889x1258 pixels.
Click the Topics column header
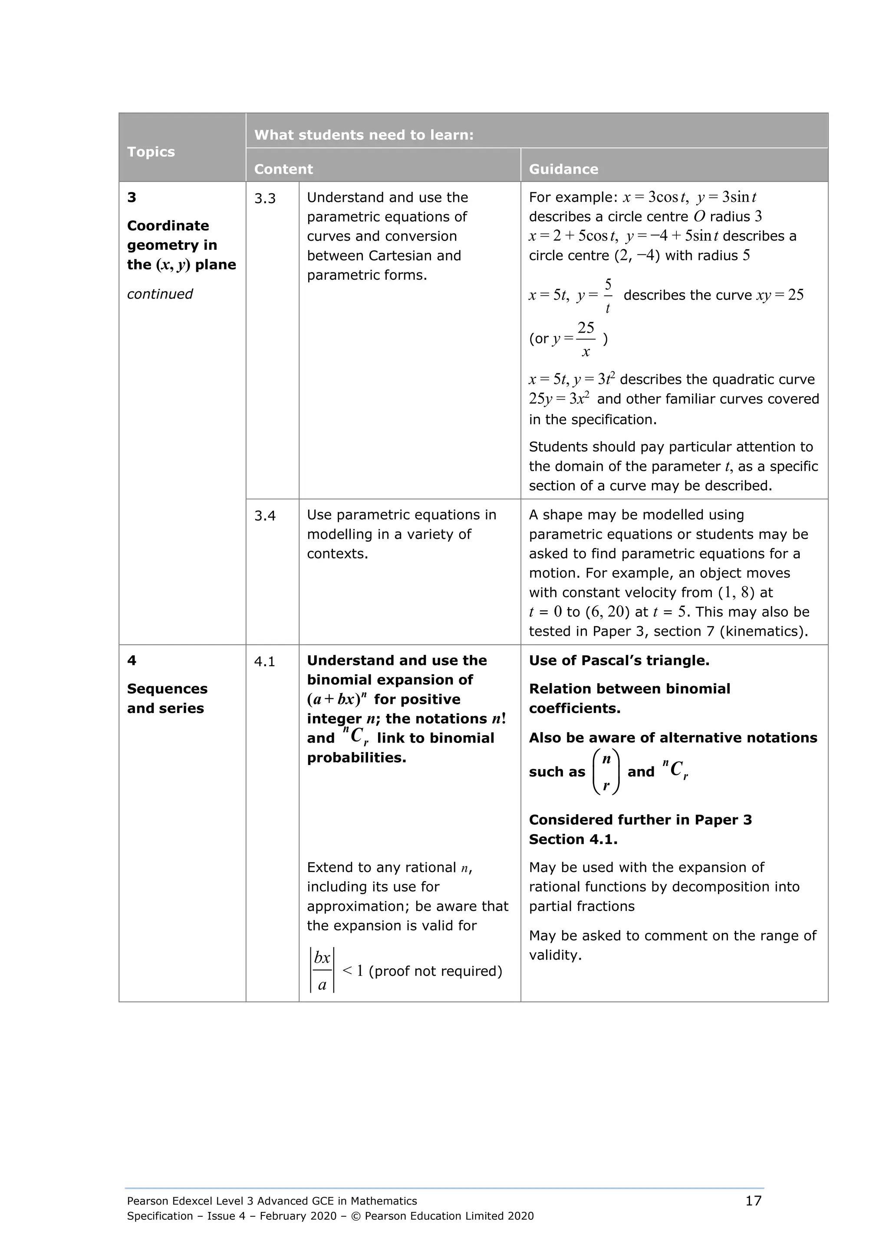pos(151,152)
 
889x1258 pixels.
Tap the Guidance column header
pos(563,169)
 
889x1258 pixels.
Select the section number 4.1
pos(264,661)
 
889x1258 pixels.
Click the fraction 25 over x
pos(586,339)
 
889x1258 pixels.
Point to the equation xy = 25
pos(780,295)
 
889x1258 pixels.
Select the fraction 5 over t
pos(607,296)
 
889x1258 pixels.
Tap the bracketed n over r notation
pos(606,772)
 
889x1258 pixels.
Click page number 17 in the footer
pos(753,1201)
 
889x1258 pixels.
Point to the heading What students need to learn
pos(364,135)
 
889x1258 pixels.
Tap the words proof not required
pos(435,971)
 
